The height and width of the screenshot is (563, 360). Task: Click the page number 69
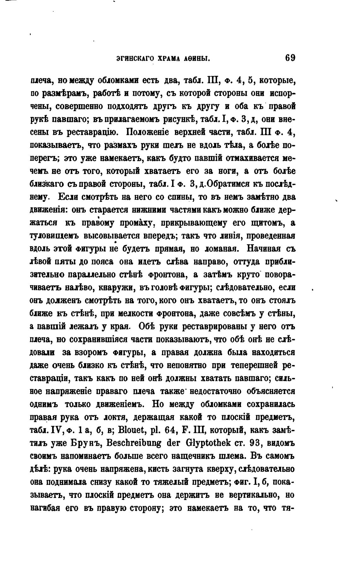coord(290,58)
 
